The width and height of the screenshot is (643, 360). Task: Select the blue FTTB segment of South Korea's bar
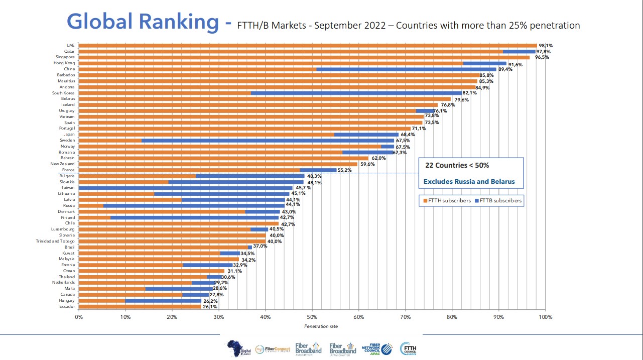point(356,93)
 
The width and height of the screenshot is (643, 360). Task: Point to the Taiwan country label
point(68,188)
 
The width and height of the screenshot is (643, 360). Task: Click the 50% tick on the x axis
point(312,317)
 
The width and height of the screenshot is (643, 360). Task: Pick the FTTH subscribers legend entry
point(447,201)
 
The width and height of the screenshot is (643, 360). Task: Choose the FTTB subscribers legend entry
point(500,201)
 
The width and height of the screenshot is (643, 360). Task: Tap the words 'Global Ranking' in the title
point(143,22)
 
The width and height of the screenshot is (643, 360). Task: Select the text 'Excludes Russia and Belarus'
point(469,181)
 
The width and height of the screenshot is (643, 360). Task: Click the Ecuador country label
point(67,306)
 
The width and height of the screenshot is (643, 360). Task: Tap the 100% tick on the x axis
point(545,317)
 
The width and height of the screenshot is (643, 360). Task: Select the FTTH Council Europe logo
point(408,348)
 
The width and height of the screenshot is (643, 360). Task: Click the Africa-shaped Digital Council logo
point(235,348)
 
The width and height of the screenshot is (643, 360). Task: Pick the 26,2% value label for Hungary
point(210,301)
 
